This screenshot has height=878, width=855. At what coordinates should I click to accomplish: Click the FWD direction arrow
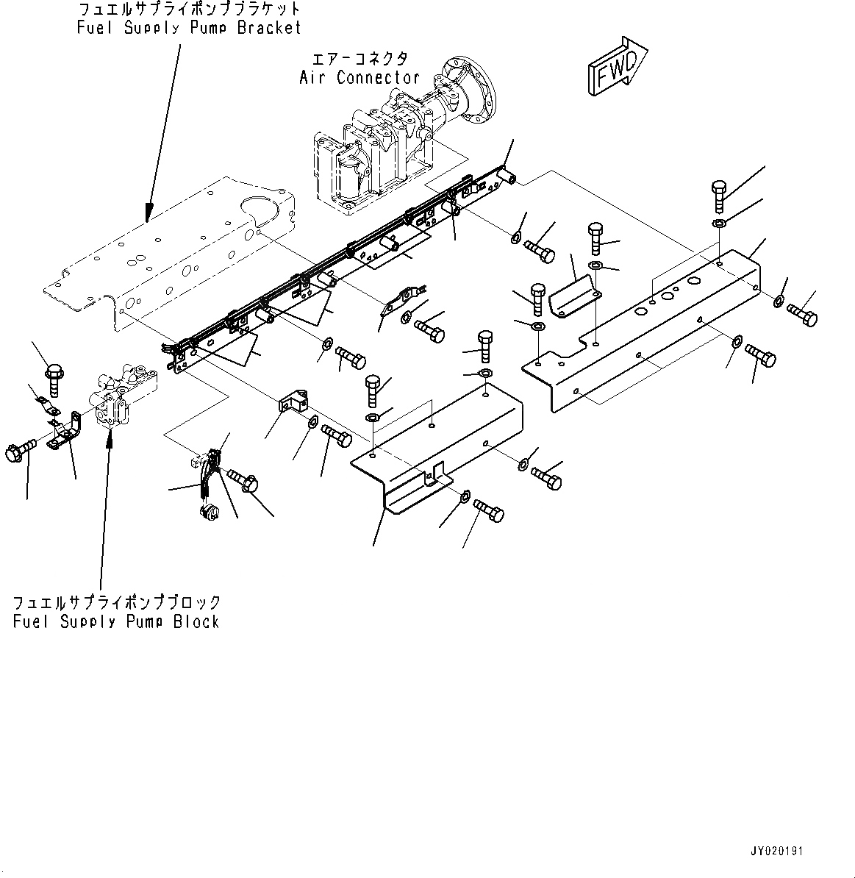614,68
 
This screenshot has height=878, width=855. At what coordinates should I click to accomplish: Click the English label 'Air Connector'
359,77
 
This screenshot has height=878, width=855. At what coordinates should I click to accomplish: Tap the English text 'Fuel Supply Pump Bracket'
189,28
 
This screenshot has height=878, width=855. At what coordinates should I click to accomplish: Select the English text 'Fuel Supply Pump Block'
116,621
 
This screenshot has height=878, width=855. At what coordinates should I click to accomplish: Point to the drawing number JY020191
776,851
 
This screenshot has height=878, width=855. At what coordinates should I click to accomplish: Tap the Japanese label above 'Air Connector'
360,58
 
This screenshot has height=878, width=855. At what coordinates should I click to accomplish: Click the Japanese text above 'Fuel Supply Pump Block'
116,602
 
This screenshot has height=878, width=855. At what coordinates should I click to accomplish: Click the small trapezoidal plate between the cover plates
574,293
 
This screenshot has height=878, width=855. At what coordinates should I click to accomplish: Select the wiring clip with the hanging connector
207,478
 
